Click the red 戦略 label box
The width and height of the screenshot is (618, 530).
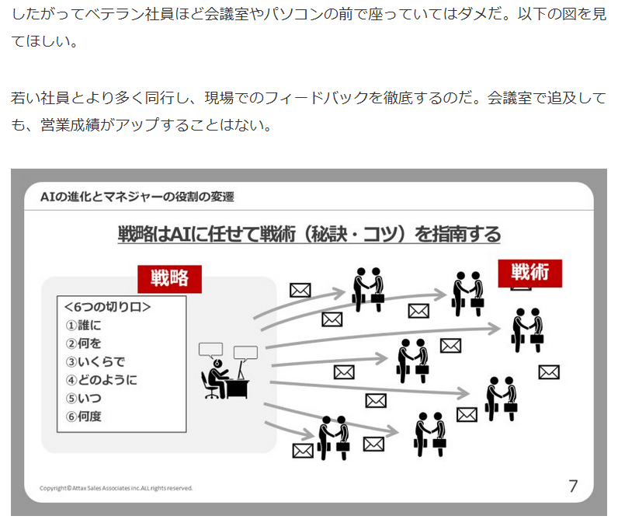[169, 277]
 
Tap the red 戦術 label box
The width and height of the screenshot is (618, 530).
[529, 273]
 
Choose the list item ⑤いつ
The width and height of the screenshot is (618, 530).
[84, 398]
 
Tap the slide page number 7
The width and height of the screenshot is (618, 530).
[573, 486]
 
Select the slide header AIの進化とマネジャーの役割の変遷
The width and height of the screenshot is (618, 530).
[137, 197]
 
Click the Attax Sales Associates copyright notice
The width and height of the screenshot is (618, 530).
[116, 488]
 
